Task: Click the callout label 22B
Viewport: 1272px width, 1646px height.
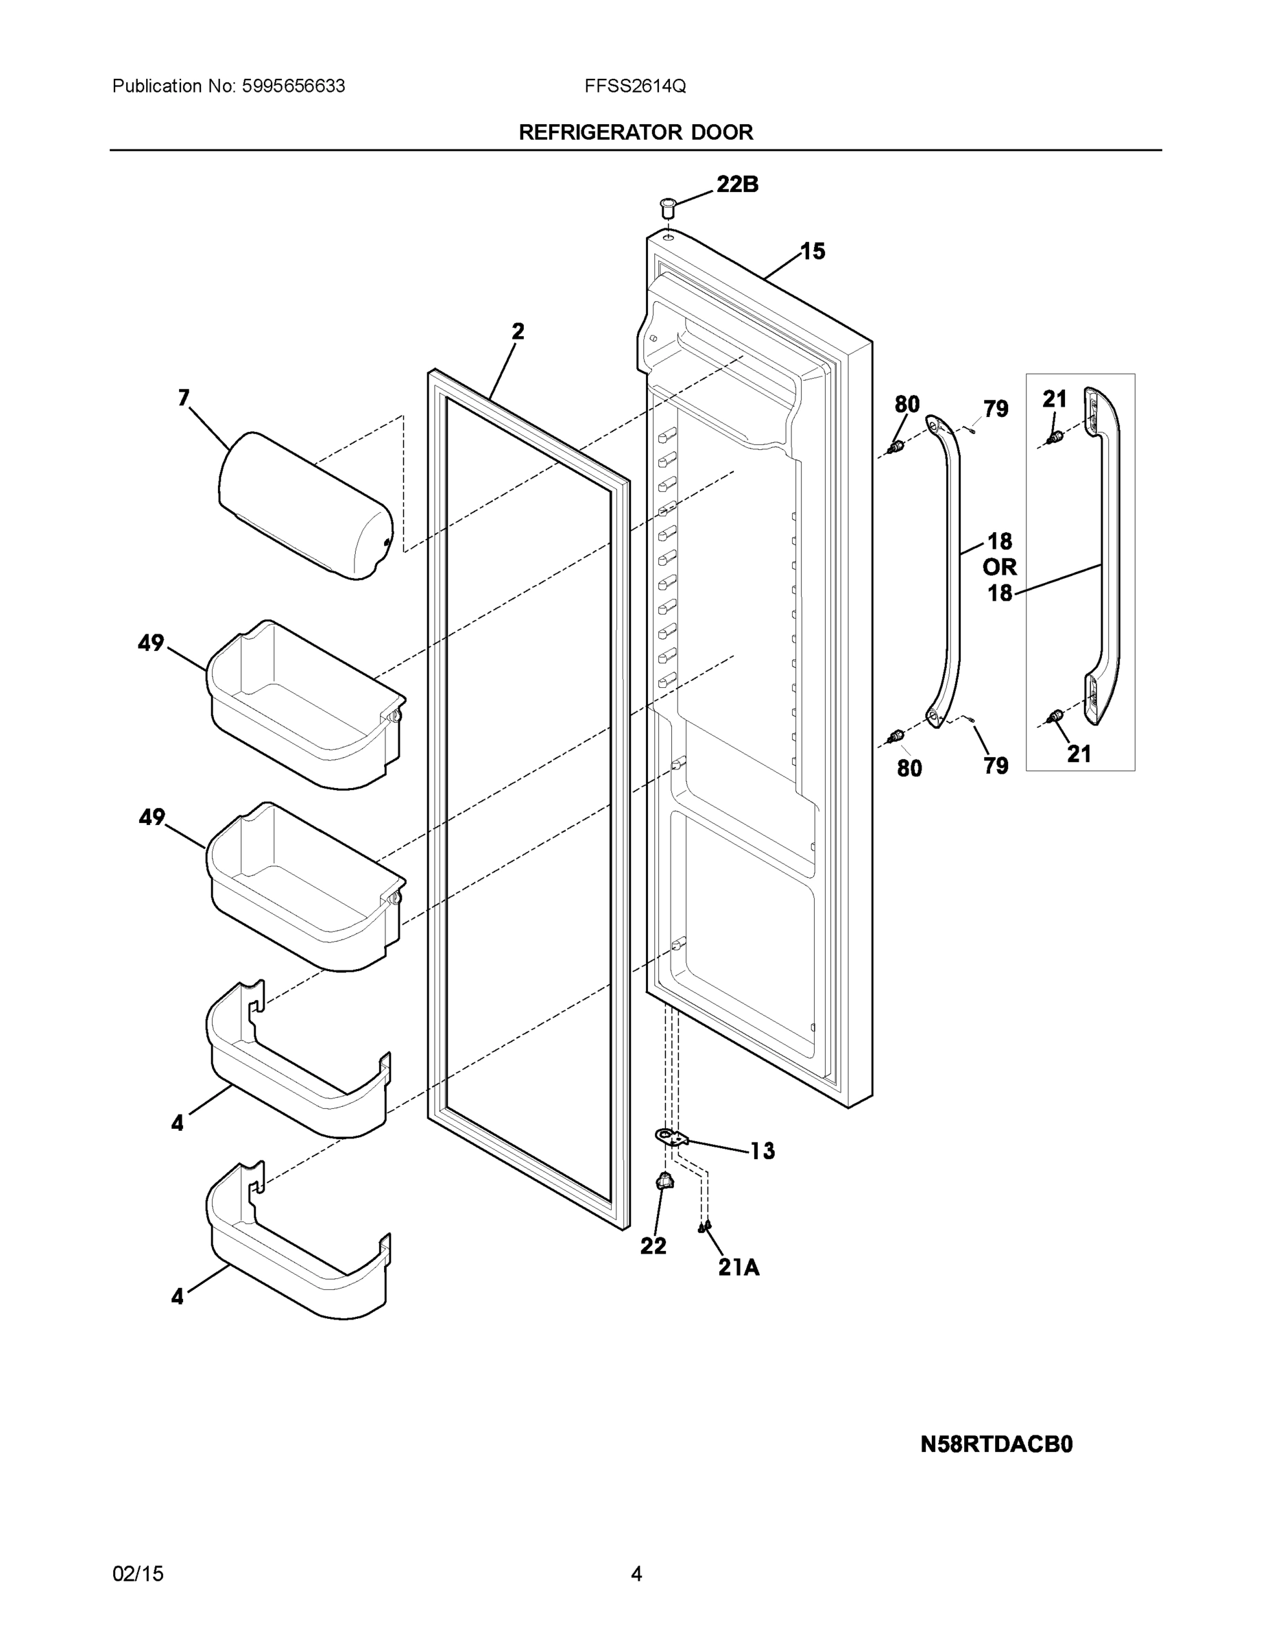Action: [736, 184]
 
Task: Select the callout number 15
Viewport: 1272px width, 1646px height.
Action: [813, 251]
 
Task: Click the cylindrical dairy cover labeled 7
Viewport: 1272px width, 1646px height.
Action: [305, 505]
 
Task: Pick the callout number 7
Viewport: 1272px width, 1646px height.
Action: [184, 398]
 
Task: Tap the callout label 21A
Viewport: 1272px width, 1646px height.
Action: [739, 1267]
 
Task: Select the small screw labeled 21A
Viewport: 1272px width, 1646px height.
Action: [704, 1228]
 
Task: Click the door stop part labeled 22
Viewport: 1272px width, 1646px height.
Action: [664, 1182]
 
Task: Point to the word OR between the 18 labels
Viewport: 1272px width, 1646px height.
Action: [999, 566]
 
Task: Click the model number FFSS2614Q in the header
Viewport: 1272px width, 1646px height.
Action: [634, 86]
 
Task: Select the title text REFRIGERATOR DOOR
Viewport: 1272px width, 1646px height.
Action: [635, 132]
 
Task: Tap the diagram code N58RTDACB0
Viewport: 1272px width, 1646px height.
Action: [996, 1444]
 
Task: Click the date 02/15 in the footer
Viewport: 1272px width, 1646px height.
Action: [138, 1574]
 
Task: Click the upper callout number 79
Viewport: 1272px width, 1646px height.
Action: [996, 409]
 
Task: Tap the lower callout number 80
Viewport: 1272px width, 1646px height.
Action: [909, 768]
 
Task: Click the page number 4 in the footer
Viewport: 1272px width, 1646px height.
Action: [636, 1574]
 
